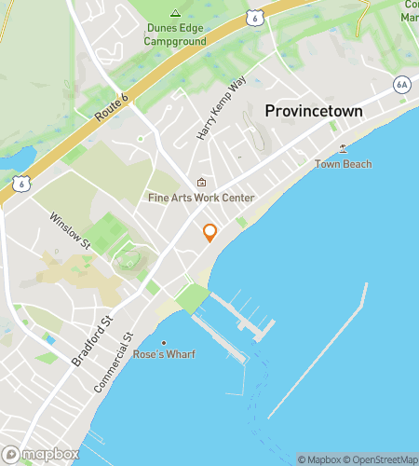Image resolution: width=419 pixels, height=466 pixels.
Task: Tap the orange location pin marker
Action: (x=209, y=232)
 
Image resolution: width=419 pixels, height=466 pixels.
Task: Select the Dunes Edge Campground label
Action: (x=175, y=34)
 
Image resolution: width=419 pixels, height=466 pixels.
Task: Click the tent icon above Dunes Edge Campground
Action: (x=175, y=13)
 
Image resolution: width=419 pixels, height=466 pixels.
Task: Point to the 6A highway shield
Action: (x=401, y=84)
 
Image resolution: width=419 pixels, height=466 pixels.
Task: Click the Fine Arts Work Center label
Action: (x=201, y=199)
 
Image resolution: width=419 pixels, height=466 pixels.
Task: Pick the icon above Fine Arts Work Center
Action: (x=201, y=183)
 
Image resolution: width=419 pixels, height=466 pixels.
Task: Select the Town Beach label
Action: (x=343, y=164)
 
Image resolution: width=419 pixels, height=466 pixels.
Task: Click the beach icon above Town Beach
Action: (x=343, y=148)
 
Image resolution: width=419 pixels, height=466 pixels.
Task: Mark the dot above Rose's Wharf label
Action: (x=164, y=342)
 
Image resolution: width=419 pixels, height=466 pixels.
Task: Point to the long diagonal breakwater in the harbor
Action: (x=318, y=350)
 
